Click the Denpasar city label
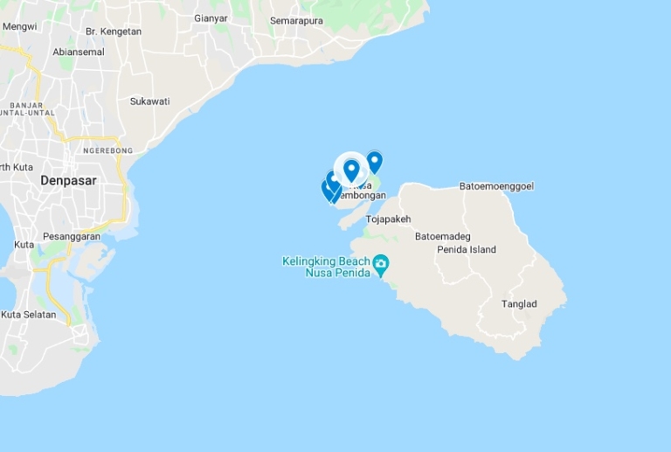click(68, 180)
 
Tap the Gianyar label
click(211, 18)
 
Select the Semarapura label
click(296, 20)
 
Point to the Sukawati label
click(149, 101)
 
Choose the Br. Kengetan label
click(114, 31)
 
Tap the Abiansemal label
click(79, 52)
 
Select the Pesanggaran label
click(72, 236)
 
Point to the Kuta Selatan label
click(28, 315)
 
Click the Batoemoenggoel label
click(496, 186)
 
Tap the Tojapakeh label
click(388, 219)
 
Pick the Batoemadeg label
click(443, 236)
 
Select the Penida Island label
click(467, 250)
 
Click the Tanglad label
click(519, 304)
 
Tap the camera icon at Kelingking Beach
click(380, 263)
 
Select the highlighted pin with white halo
click(351, 169)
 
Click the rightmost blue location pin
click(374, 162)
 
